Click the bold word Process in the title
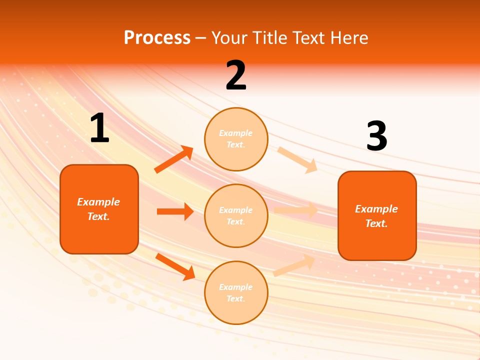pos(157,38)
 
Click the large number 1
pos(99,128)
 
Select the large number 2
pos(236,75)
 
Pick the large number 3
pos(376,136)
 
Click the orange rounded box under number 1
pos(99,209)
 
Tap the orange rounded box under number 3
pos(377,215)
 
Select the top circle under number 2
pos(236,139)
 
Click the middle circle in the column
pos(236,215)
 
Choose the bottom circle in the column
pos(236,292)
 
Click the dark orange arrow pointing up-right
pos(174,159)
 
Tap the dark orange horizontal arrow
pos(175,211)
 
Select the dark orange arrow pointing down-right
pos(175,266)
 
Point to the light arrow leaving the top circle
pos(297,159)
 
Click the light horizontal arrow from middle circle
pos(296,210)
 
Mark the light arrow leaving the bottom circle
pos(294,265)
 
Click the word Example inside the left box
pos(98,202)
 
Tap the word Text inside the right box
pos(376,223)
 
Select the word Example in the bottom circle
pos(236,287)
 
